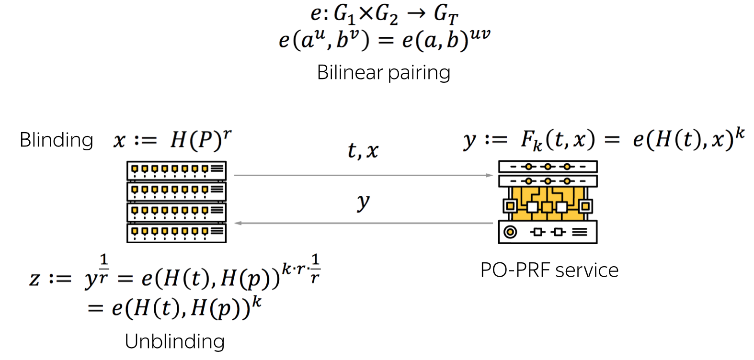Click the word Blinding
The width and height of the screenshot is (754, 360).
56,140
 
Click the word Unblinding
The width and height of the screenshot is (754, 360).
175,341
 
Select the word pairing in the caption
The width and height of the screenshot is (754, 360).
419,73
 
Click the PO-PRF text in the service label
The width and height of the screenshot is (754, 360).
515,270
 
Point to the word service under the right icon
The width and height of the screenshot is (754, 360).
587,270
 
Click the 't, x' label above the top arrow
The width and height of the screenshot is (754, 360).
363,150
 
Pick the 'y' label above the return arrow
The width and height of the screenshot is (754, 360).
363,203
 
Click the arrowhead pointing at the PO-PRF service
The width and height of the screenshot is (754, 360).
489,175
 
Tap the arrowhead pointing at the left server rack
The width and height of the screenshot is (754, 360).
238,223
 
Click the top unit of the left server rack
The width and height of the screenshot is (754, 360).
176,171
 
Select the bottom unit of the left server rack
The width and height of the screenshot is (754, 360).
176,233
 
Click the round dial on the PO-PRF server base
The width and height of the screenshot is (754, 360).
510,232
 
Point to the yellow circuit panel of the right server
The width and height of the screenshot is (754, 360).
548,203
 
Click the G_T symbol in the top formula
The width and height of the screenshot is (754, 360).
446,15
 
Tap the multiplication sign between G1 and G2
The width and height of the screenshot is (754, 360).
366,14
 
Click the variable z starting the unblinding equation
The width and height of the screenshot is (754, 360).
34,279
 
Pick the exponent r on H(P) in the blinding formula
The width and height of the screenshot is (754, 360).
227,134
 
